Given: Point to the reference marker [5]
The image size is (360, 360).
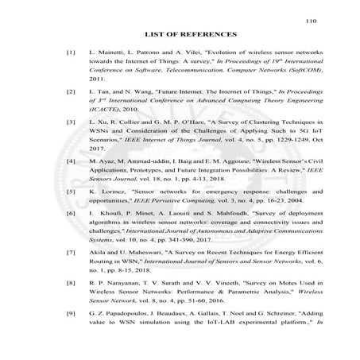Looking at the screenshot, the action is (x=71, y=192).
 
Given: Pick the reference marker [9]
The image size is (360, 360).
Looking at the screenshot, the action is (x=71, y=314).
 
